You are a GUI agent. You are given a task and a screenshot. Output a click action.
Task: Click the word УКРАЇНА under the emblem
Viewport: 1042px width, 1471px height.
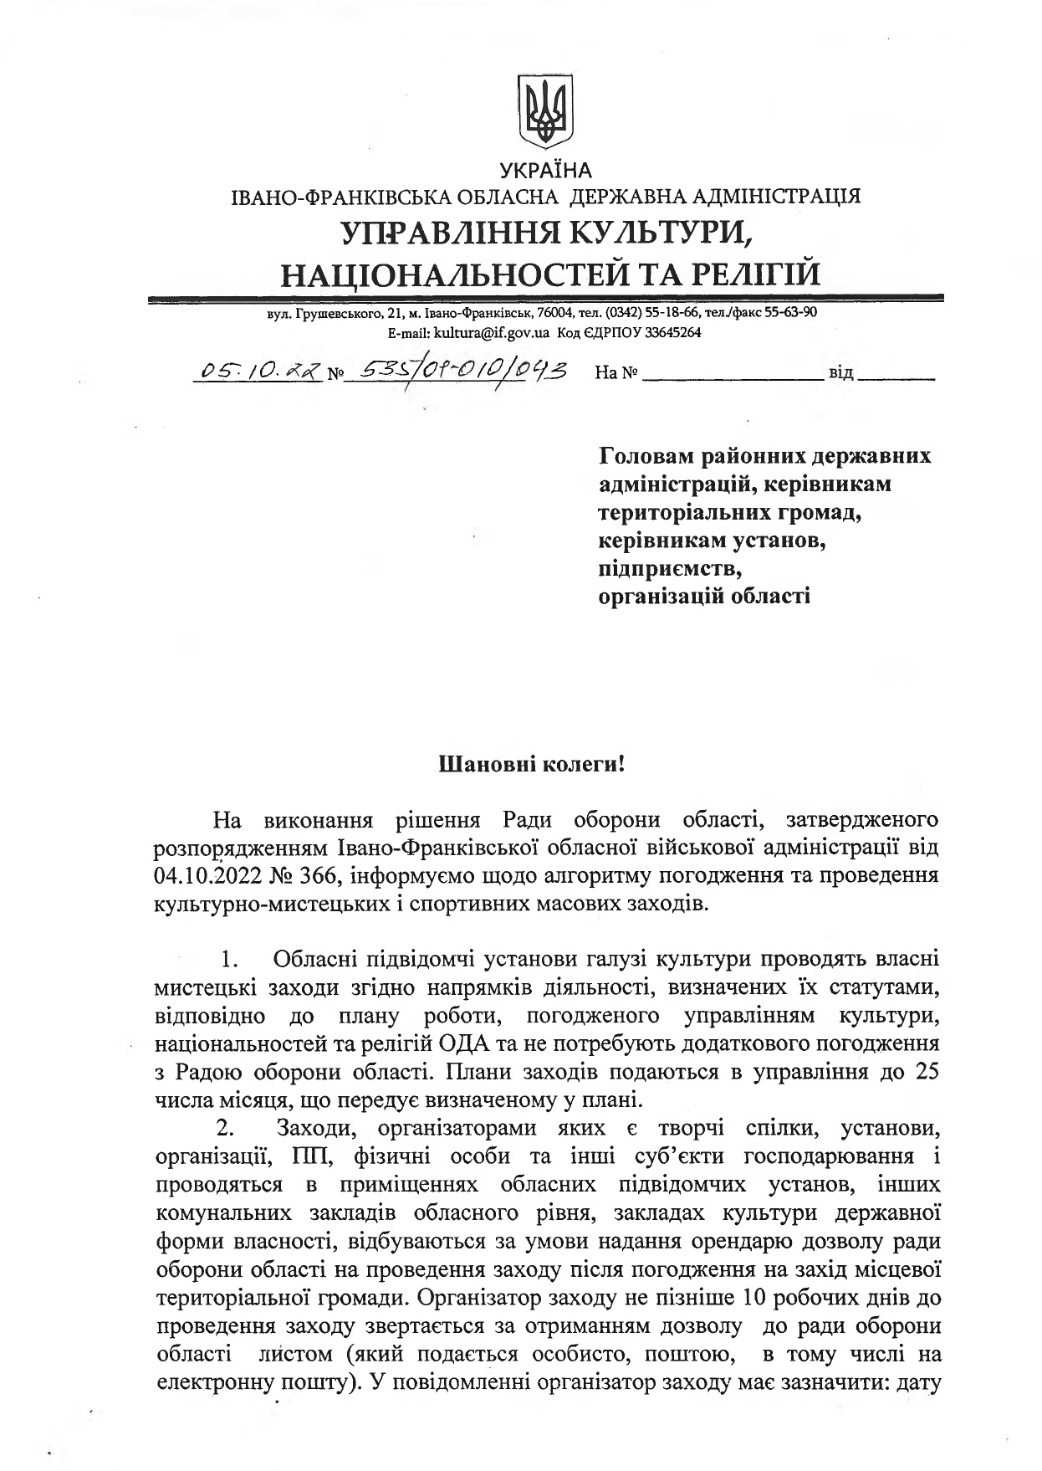pos(545,172)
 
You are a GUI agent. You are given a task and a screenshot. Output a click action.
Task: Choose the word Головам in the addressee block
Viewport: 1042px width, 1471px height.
pos(649,456)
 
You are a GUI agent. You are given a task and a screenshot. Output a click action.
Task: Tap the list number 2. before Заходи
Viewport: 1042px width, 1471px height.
pos(227,1129)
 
